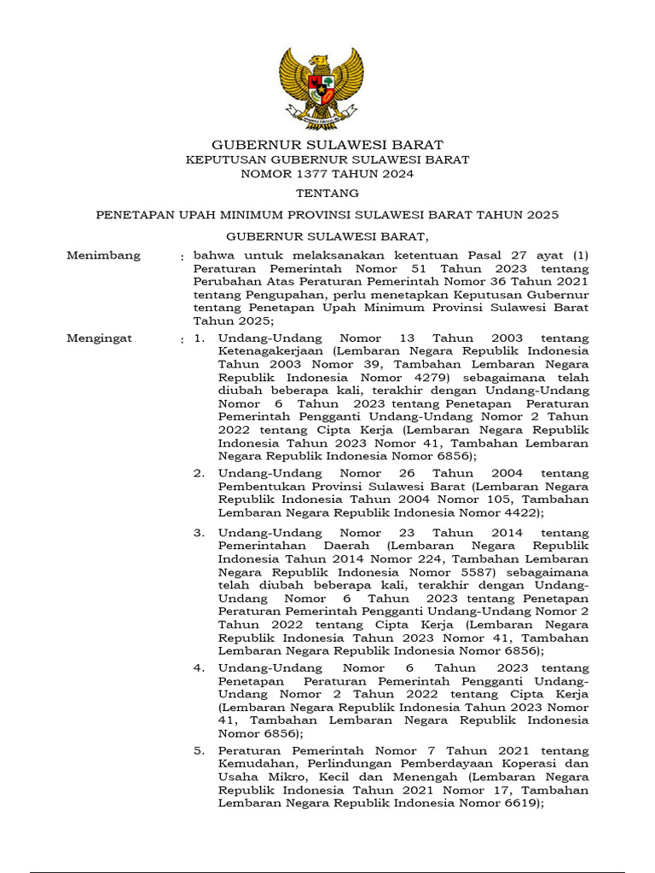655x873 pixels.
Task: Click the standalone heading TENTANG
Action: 327,194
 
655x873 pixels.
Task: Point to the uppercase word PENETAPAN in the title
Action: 131,215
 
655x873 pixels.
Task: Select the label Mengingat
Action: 99,338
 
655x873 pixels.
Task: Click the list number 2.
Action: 198,473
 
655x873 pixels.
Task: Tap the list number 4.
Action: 198,668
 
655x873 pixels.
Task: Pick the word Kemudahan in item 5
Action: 251,764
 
